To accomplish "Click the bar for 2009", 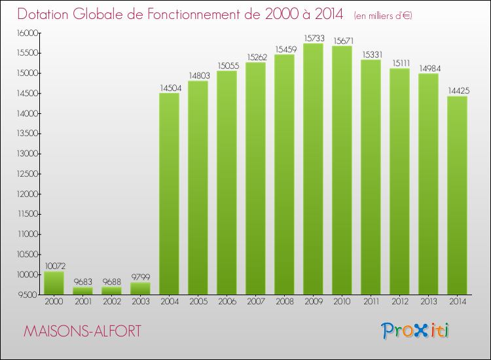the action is [x=313, y=169].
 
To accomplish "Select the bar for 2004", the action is [x=169, y=194].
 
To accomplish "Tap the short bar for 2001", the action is [x=82, y=291].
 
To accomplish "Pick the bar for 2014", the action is [x=457, y=195].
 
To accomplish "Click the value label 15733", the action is [x=314, y=38].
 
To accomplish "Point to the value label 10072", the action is [x=55, y=266].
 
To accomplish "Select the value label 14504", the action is [x=171, y=88].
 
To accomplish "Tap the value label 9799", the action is [x=141, y=277].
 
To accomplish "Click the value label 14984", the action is [x=430, y=69].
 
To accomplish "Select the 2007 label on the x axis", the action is [x=256, y=302].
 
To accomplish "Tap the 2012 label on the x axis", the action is [x=400, y=302].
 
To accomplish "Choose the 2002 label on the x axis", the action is [x=112, y=302].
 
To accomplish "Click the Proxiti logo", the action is [x=415, y=331].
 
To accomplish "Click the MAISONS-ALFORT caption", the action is [x=82, y=331].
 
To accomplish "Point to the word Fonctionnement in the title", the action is [x=204, y=14].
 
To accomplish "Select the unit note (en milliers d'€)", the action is [x=383, y=16].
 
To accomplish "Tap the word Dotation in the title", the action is [x=43, y=14].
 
